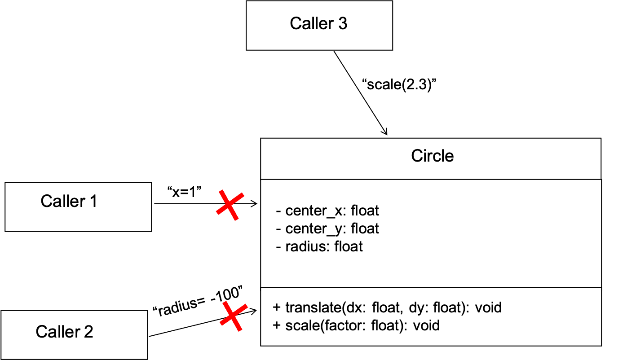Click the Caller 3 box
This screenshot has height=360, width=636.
[319, 25]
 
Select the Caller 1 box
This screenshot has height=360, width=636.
[78, 206]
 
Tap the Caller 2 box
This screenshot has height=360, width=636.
[74, 334]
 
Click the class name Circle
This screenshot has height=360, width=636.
[433, 156]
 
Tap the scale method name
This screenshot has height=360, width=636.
[299, 325]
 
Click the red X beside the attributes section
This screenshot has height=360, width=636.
[230, 205]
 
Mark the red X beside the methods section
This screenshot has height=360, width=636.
[234, 316]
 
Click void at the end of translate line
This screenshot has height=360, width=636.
[488, 307]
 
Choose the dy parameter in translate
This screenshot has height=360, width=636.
[415, 308]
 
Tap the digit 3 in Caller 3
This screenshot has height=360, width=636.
[343, 24]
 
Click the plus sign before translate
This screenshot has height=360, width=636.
[277, 308]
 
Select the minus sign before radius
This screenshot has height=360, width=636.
[279, 246]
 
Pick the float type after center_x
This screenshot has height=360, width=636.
[365, 211]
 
